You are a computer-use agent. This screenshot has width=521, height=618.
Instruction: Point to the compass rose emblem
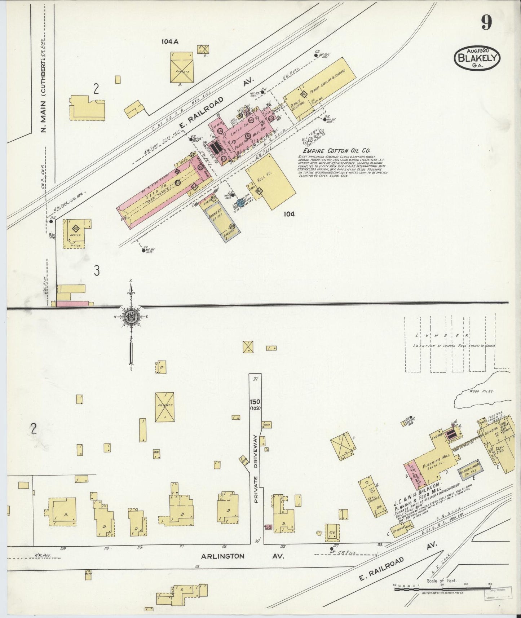pos(131,317)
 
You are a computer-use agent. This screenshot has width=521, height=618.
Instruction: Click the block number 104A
pos(170,41)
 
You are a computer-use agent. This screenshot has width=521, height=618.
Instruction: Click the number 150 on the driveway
pos(256,402)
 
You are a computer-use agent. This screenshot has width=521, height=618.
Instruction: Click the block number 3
pos(97,271)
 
